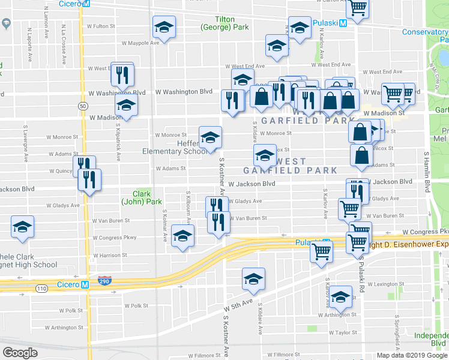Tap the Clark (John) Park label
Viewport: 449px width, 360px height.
click(x=142, y=197)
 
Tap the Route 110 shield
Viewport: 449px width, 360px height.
click(x=41, y=289)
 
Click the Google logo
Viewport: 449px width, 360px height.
click(x=20, y=352)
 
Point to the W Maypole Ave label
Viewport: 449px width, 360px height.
click(x=141, y=43)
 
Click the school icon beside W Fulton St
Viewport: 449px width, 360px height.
click(x=164, y=27)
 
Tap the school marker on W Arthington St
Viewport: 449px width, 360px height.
click(x=340, y=296)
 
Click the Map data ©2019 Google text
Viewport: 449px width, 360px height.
click(x=412, y=355)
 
